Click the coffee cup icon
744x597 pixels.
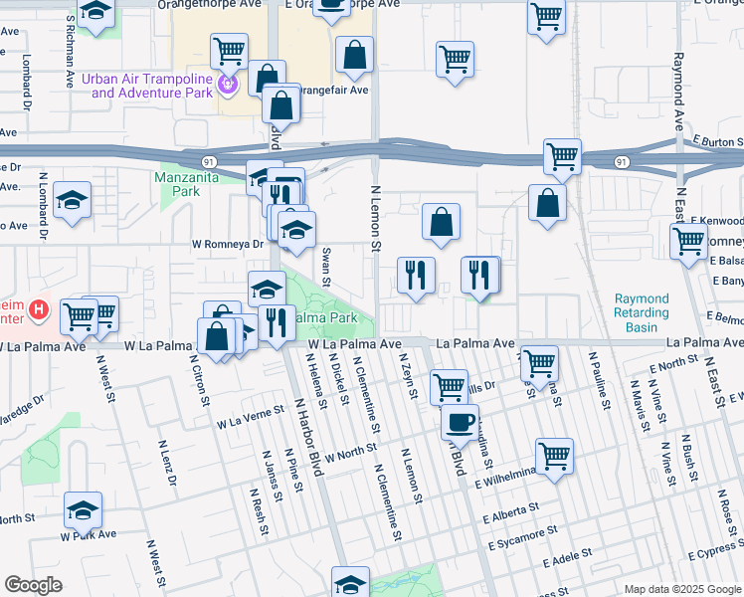[460, 421]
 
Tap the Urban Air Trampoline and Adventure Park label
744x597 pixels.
[153, 87]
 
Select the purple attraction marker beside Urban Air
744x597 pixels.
[229, 86]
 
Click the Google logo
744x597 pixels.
[33, 584]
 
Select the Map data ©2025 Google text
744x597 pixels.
[681, 589]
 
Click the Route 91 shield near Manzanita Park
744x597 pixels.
[208, 160]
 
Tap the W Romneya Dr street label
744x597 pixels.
[228, 244]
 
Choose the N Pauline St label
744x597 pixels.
[600, 379]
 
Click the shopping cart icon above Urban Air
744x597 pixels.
[229, 49]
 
